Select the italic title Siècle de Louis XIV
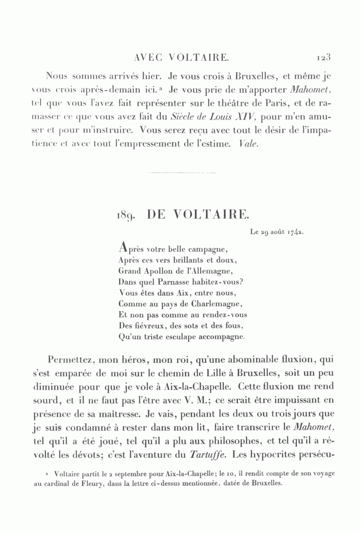[213, 117]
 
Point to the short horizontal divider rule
[182, 173]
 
